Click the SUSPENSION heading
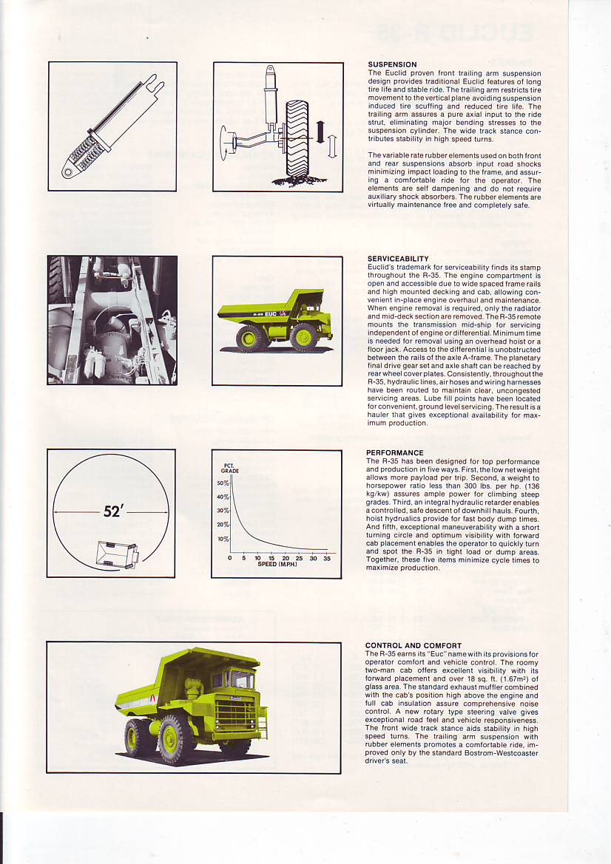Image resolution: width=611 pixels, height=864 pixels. click(392, 65)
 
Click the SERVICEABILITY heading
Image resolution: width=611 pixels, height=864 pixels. click(397, 259)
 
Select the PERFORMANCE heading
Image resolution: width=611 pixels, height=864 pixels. click(395, 452)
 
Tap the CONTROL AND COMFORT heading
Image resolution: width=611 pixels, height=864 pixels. click(413, 645)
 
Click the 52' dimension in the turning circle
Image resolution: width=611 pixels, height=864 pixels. click(112, 511)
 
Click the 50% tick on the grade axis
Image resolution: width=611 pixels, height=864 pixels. click(223, 483)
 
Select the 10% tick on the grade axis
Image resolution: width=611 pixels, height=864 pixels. click(223, 539)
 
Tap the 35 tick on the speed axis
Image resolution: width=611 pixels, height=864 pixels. click(327, 558)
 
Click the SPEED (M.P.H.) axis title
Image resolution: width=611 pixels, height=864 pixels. click(277, 565)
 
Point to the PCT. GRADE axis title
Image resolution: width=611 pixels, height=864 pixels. click(229, 468)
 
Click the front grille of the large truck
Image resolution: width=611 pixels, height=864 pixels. click(235, 712)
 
